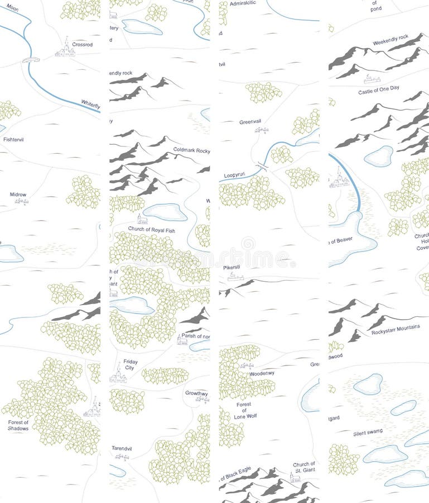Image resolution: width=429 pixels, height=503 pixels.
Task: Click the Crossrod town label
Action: pyautogui.click(x=82, y=44)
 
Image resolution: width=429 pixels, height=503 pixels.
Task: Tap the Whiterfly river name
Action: pyautogui.click(x=90, y=104)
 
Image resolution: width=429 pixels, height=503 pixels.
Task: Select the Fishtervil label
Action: pyautogui.click(x=14, y=139)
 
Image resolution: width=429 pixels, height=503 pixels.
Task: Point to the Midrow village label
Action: pyautogui.click(x=18, y=194)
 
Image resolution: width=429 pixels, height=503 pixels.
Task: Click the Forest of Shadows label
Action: pyautogui.click(x=18, y=425)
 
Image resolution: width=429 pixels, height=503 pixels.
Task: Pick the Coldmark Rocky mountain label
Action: pyautogui.click(x=191, y=150)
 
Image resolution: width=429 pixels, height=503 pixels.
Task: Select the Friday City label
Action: pyautogui.click(x=130, y=365)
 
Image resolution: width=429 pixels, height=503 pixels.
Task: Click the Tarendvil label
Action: pyautogui.click(x=122, y=448)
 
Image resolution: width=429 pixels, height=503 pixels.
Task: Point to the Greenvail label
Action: pyautogui.click(x=250, y=122)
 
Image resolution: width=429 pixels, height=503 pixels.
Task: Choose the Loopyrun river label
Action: pyautogui.click(x=234, y=175)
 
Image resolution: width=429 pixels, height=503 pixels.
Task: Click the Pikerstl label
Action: pyautogui.click(x=232, y=267)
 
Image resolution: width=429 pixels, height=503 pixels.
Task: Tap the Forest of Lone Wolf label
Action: pyautogui.click(x=244, y=410)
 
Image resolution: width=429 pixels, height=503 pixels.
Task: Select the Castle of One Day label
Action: pyautogui.click(x=379, y=91)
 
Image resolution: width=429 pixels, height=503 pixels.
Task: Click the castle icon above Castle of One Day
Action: pyautogui.click(x=371, y=79)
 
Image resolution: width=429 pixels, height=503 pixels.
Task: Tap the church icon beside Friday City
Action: pyautogui.click(x=118, y=374)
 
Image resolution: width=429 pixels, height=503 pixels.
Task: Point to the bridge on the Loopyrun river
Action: pyautogui.click(x=262, y=165)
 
